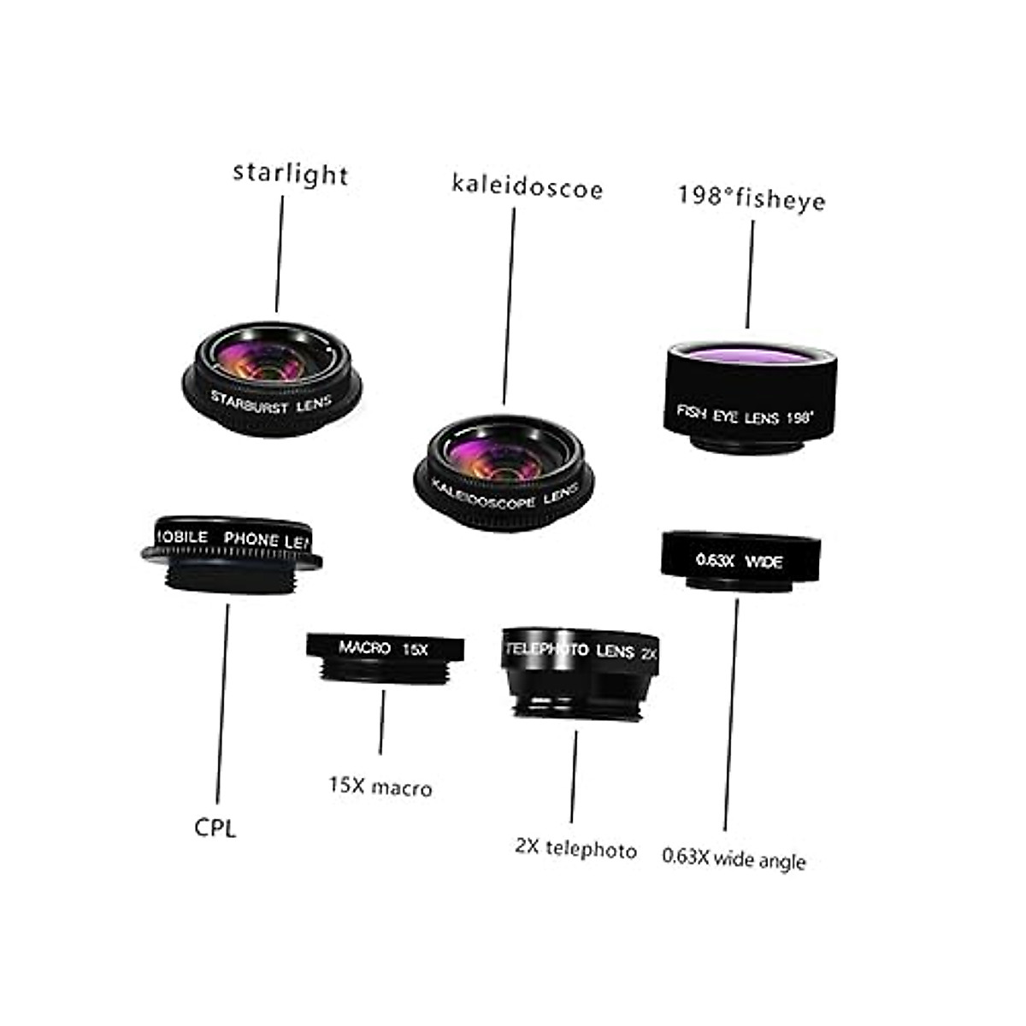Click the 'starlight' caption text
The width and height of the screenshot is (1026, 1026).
coord(290,174)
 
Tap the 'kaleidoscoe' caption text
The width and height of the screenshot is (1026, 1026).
coord(527,187)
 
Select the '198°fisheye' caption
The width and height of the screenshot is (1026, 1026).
coord(752,198)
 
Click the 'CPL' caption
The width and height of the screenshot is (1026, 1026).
coord(215,828)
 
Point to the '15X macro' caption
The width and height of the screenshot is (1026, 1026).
coord(380,787)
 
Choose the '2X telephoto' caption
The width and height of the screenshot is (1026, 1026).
coord(575,849)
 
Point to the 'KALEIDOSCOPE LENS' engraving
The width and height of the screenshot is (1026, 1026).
coord(504,493)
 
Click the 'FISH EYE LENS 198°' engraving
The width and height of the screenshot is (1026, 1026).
coord(745,416)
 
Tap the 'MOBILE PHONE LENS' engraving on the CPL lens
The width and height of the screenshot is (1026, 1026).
coord(231,538)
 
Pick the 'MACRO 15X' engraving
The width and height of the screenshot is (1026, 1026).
coord(383,649)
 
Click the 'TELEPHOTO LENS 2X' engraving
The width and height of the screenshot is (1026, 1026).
coord(581,651)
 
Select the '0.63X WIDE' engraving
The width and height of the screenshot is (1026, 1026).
coord(739,561)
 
